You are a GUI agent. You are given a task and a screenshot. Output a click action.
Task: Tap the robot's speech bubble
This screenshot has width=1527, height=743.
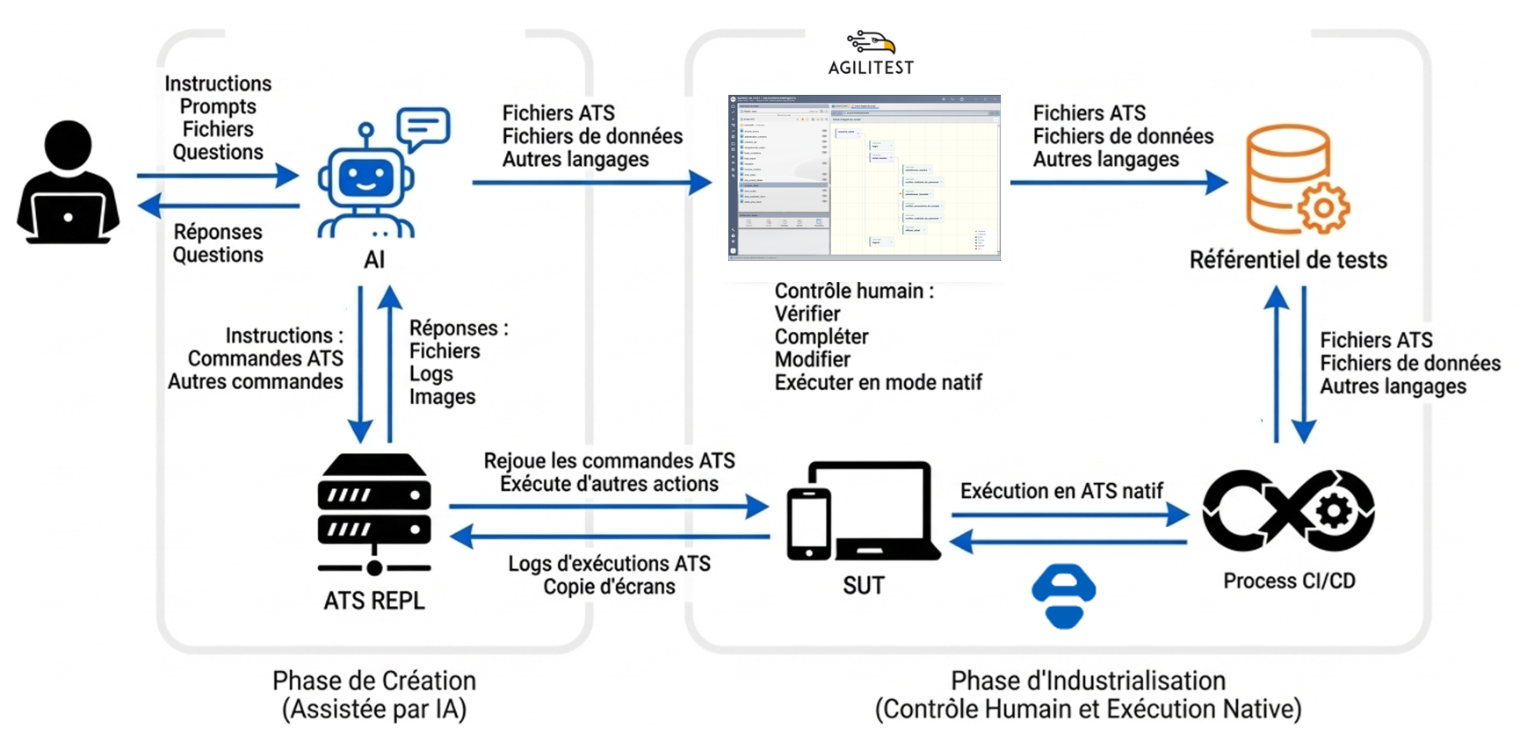tap(423, 128)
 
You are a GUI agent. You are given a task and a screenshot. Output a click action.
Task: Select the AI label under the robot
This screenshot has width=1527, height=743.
tap(374, 260)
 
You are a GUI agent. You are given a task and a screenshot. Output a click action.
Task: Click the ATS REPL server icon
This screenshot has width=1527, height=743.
tap(374, 514)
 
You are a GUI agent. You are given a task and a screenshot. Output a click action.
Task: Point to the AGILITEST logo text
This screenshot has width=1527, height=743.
tap(871, 68)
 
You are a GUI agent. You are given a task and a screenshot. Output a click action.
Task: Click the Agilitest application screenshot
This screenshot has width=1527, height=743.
tap(864, 177)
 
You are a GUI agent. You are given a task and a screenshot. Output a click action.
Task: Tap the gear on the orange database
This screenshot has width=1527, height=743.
tap(1323, 209)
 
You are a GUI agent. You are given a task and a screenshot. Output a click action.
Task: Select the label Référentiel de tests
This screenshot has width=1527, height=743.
tap(1288, 260)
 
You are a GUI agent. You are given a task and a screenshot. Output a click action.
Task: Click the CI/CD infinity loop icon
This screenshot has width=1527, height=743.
tap(1288, 511)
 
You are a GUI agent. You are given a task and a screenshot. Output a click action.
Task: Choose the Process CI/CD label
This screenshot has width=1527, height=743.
tap(1289, 581)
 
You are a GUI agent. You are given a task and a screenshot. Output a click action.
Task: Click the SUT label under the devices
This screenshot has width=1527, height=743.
tap(863, 586)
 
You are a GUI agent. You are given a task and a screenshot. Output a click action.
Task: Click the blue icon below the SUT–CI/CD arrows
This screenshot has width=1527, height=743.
tap(1063, 596)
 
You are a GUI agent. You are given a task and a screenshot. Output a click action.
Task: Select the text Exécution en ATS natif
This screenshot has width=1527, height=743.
tap(1061, 491)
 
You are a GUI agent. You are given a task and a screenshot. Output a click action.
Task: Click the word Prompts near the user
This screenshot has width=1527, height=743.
tap(218, 107)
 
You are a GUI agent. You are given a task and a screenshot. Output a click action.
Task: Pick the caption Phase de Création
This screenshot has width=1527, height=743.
tap(374, 681)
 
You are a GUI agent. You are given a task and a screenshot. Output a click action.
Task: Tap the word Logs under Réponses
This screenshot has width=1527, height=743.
tap(431, 374)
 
